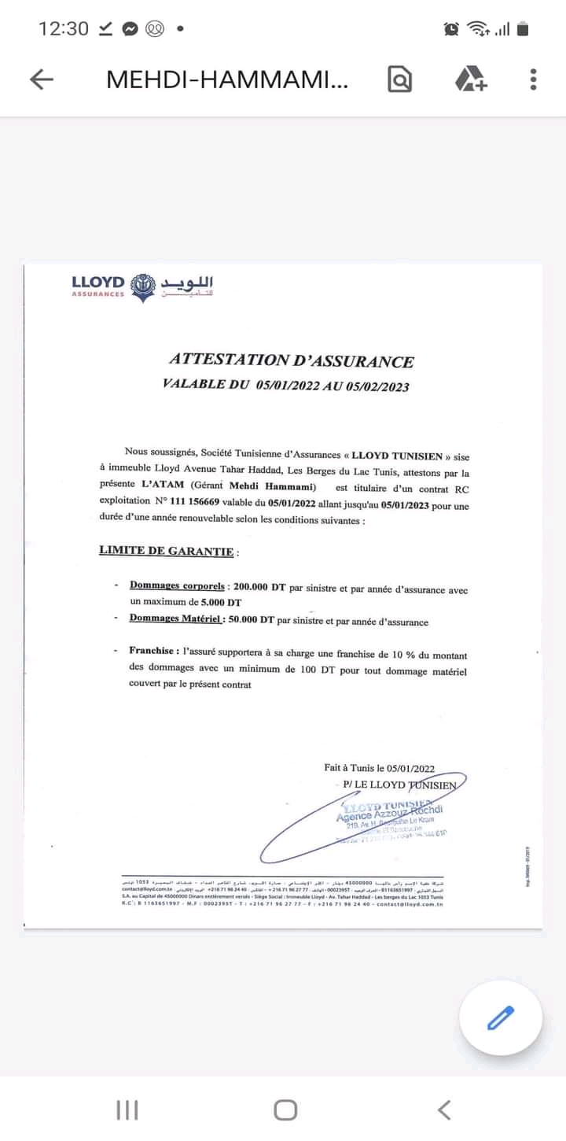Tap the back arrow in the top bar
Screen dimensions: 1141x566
pyautogui.click(x=41, y=79)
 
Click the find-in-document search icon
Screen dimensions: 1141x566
pyautogui.click(x=399, y=79)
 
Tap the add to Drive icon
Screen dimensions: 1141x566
pyautogui.click(x=471, y=79)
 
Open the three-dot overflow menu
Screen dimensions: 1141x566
pyautogui.click(x=533, y=79)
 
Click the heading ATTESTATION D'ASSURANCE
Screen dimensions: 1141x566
pyautogui.click(x=291, y=360)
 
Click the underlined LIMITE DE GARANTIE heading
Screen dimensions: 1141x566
pyautogui.click(x=166, y=551)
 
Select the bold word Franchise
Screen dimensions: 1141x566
pyautogui.click(x=153, y=652)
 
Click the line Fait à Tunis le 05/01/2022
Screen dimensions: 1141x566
pyautogui.click(x=379, y=768)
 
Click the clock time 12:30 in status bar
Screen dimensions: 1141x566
pyautogui.click(x=64, y=29)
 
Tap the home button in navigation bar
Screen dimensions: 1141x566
pyautogui.click(x=285, y=1110)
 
